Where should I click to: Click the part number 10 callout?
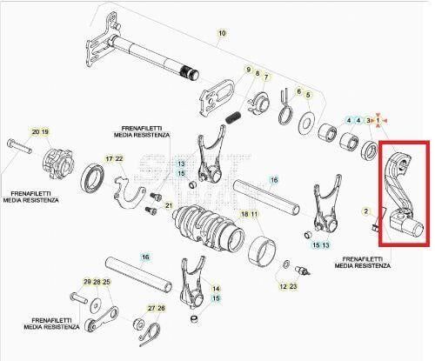[221, 33]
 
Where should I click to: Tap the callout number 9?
[248, 69]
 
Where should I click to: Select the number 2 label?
[366, 211]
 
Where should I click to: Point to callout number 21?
[169, 206]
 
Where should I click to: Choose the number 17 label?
[109, 158]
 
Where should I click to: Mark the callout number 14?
[216, 288]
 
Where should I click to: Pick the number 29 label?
[86, 282]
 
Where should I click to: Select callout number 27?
[151, 308]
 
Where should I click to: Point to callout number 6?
[298, 91]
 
